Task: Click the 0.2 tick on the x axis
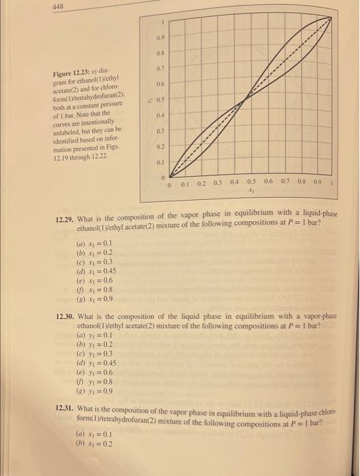[x=201, y=184]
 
